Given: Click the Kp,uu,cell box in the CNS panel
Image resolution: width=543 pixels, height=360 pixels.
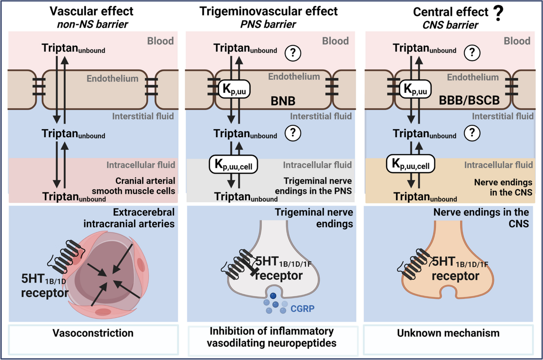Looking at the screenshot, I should pos(411,164).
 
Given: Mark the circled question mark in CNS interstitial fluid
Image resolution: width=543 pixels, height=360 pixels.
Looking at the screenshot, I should pos(472,133).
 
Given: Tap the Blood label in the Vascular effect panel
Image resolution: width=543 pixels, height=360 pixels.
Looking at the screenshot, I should pos(160,41).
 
